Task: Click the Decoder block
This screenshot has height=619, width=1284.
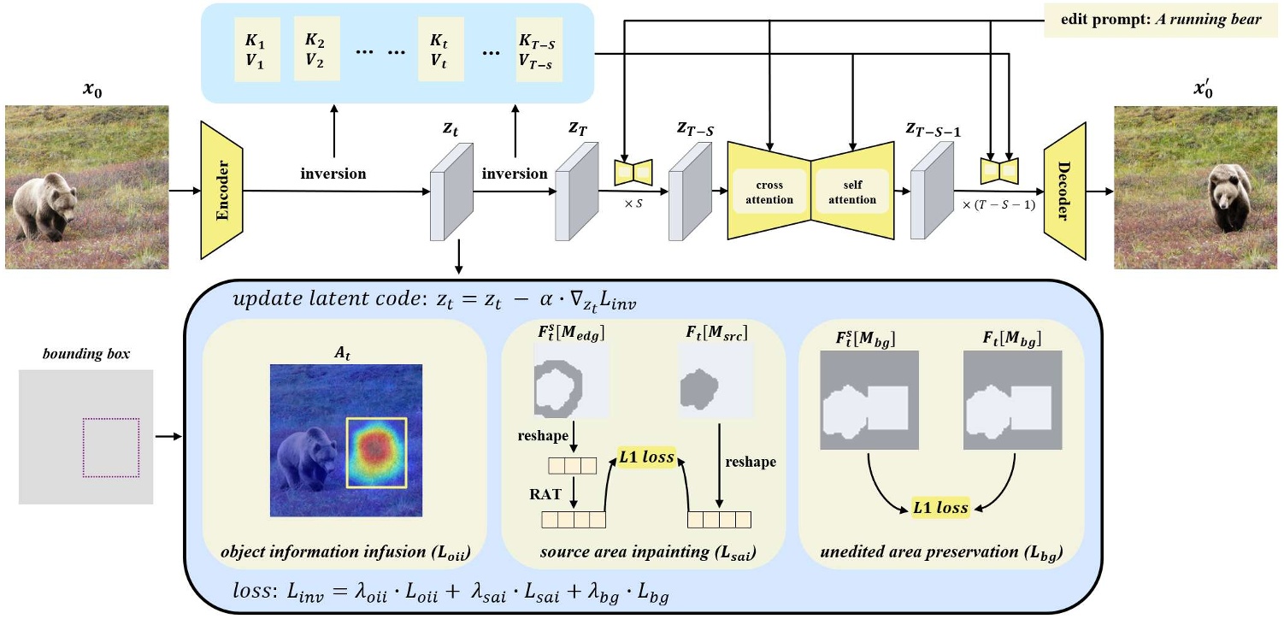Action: click(1064, 190)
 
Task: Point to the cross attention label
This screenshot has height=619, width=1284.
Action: click(769, 193)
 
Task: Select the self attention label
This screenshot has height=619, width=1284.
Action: click(852, 193)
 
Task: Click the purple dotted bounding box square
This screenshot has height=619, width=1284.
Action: click(110, 447)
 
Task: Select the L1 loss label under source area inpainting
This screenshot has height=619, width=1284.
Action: click(647, 458)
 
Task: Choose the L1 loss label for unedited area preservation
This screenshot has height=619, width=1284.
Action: click(939, 508)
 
